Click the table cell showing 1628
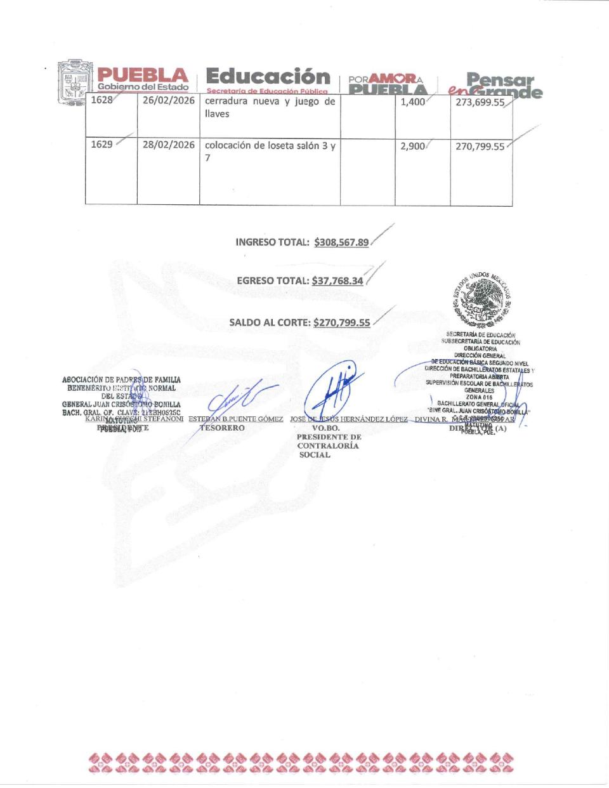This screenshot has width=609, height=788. point(101,100)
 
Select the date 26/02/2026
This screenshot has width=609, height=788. point(168,100)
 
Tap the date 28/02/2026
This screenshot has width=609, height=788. point(168,145)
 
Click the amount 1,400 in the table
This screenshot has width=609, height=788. point(413,102)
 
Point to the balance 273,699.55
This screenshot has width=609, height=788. point(480,102)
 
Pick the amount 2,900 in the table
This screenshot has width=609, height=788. point(413,146)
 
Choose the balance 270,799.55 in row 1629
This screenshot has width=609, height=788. point(480,147)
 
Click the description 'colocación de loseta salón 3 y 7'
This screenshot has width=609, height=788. point(270,151)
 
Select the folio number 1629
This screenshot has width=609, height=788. point(101,145)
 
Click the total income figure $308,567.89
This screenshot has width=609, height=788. point(341,242)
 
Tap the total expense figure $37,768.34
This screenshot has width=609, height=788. point(337,280)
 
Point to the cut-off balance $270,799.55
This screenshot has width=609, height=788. point(342,322)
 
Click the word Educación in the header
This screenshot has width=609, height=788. point(268,77)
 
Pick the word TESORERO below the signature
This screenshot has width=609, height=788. point(222,428)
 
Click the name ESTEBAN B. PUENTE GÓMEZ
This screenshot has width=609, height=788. point(235,419)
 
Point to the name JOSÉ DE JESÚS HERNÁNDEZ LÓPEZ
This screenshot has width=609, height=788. point(348,419)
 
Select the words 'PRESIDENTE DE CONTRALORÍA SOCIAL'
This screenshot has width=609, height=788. point(328,445)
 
